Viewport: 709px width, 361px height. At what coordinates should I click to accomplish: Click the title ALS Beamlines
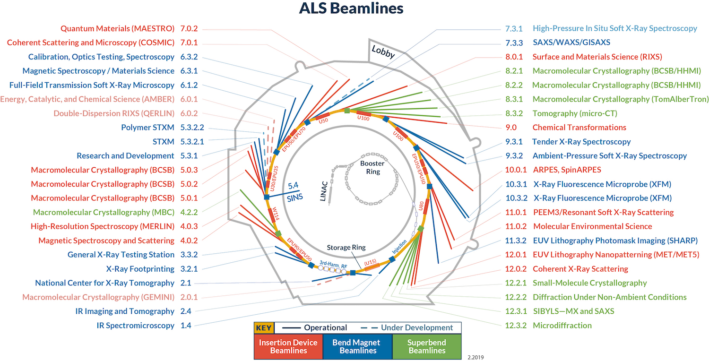pos(351,9)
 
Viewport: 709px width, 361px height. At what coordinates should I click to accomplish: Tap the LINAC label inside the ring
pos(326,192)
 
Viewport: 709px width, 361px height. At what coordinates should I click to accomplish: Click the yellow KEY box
pos(264,327)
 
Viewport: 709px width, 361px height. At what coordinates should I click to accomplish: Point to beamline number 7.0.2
pos(189,28)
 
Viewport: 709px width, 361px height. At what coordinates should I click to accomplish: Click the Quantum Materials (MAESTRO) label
pos(118,28)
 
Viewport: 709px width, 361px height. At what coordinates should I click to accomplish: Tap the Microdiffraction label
pos(562,325)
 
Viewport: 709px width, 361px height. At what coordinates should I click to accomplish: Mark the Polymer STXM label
pos(147,128)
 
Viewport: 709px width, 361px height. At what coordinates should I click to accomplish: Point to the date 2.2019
pos(476,357)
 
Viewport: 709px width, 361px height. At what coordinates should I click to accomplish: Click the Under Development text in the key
pos(417,327)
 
